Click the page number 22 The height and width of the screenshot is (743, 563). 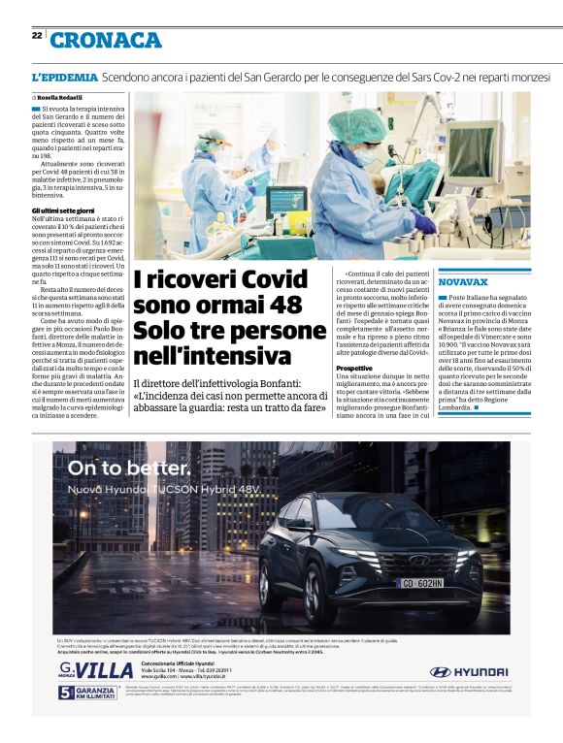pyautogui.click(x=37, y=35)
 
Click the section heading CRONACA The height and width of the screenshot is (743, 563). pyautogui.click(x=106, y=40)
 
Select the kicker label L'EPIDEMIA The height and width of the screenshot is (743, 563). pyautogui.click(x=65, y=77)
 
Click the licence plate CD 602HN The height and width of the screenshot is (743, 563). pyautogui.click(x=423, y=583)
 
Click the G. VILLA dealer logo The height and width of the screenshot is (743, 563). pyautogui.click(x=95, y=670)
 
